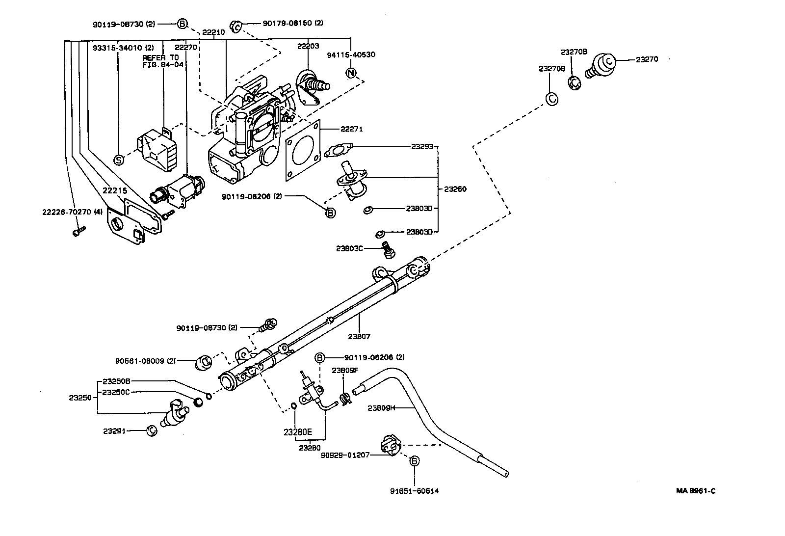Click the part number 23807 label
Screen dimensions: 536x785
pos(359,337)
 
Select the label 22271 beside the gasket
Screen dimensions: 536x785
pos(351,130)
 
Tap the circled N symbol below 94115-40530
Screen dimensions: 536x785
pos(350,73)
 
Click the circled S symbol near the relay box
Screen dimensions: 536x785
pos(118,160)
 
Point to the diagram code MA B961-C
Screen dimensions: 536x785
pos(695,490)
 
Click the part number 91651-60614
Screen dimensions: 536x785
pos(415,490)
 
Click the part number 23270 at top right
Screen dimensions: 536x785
pos(647,59)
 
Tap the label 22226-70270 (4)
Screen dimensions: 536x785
pos(72,212)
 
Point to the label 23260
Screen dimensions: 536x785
pos(455,189)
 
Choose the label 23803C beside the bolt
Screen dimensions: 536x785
pos(349,248)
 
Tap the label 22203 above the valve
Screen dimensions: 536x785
pos(308,46)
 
